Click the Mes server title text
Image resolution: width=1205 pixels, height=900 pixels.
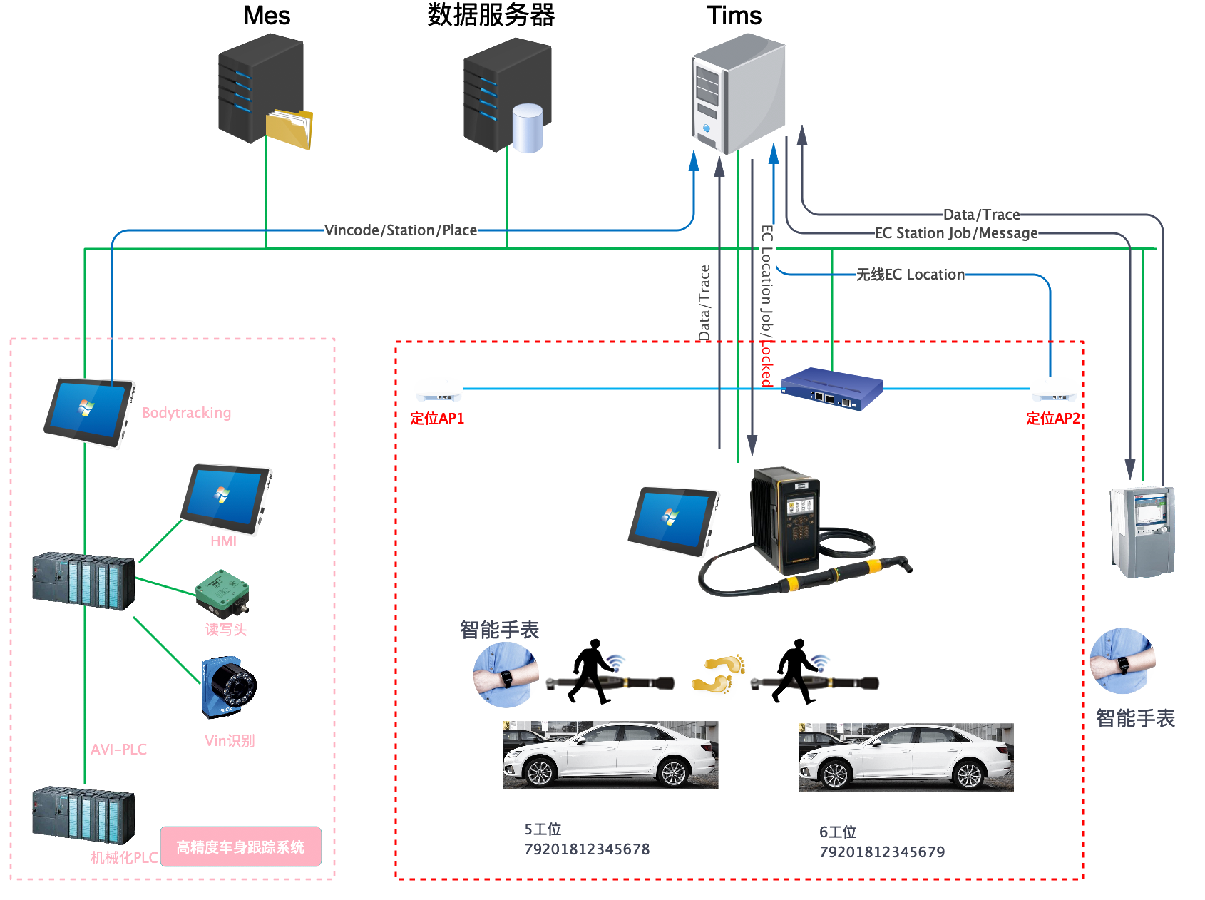(x=267, y=16)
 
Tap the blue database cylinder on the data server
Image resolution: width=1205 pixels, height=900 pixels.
(x=528, y=128)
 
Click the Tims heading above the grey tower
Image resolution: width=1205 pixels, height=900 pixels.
(x=734, y=16)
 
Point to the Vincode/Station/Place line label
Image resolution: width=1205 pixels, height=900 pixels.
(x=401, y=230)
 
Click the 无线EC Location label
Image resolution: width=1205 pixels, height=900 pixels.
(x=911, y=275)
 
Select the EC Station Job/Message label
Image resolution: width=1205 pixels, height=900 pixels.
(x=956, y=233)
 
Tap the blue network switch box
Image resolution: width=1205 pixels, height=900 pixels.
(x=832, y=389)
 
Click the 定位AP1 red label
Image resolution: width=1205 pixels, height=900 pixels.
(x=437, y=419)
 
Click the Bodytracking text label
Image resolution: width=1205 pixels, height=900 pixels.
(x=187, y=413)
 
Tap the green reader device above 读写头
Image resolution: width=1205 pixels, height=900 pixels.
(x=222, y=593)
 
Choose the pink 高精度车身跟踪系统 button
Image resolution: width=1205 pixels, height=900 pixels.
(x=241, y=847)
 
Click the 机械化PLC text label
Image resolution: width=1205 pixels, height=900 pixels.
(x=124, y=857)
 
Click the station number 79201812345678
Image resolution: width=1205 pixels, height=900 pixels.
(x=587, y=849)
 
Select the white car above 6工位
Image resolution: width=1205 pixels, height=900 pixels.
(x=906, y=757)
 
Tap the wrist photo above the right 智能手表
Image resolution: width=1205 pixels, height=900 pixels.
(x=1122, y=661)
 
